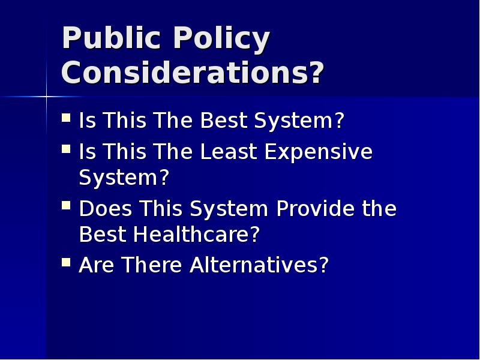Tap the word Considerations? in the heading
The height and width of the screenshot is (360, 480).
[193, 73]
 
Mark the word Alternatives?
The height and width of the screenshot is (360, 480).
[260, 265]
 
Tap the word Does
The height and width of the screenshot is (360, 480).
[106, 209]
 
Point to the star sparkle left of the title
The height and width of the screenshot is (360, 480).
[47, 97]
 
